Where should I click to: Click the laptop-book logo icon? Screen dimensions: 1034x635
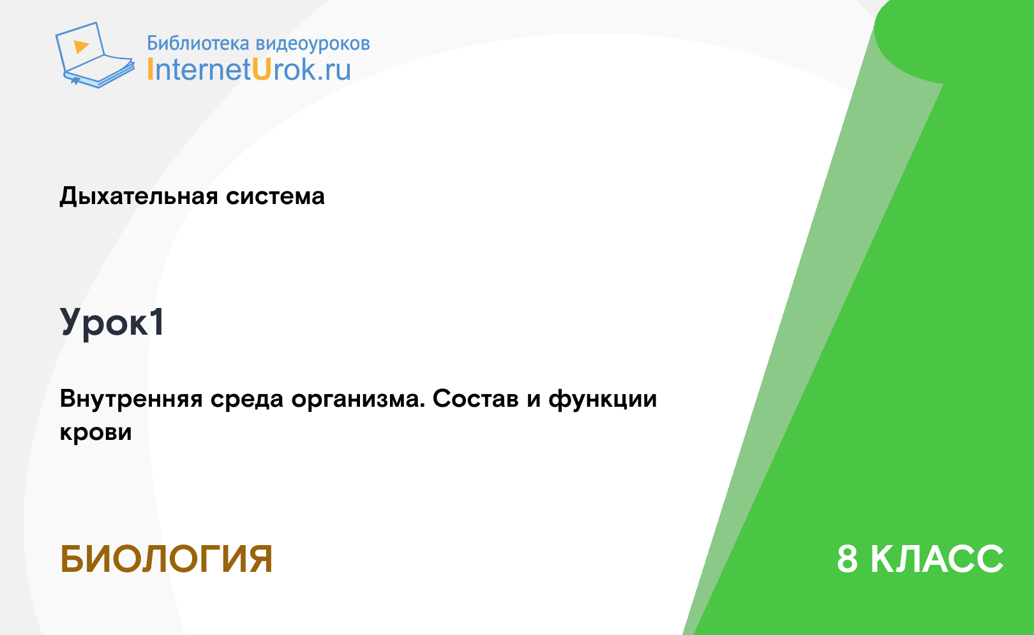(x=94, y=55)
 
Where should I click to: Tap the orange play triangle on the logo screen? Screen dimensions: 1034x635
(x=81, y=47)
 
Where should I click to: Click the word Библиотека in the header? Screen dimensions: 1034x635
(x=198, y=43)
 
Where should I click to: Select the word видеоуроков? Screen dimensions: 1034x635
(x=313, y=44)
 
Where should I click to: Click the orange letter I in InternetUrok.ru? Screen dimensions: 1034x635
(x=150, y=70)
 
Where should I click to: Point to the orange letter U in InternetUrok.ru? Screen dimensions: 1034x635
(x=261, y=70)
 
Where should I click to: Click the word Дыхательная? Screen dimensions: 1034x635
(x=139, y=196)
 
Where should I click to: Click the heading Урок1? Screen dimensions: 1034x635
(x=112, y=323)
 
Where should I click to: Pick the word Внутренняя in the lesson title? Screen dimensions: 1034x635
(x=131, y=399)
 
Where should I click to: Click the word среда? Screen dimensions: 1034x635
(x=247, y=399)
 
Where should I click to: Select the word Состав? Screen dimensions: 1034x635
(x=476, y=399)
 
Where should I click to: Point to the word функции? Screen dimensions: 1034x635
(x=603, y=399)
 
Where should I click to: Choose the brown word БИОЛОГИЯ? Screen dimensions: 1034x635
(x=166, y=559)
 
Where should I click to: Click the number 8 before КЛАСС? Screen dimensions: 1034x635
(x=847, y=559)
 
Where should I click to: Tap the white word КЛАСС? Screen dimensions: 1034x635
(x=937, y=559)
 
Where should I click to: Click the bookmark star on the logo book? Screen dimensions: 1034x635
(x=75, y=81)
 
